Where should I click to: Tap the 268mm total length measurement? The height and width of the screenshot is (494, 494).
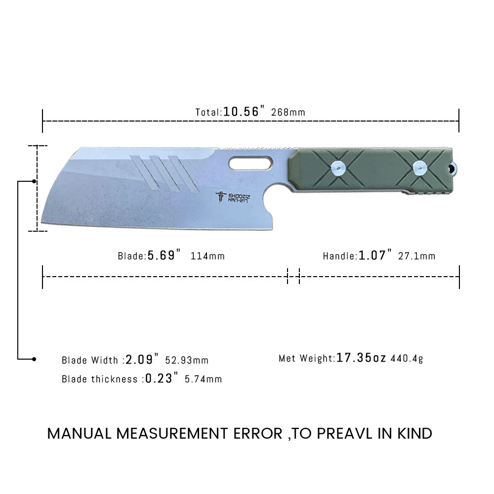288,112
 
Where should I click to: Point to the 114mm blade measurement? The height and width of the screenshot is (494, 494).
207,256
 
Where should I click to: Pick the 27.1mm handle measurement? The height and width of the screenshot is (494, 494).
417,256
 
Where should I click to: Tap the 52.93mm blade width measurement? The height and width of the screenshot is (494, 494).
187,360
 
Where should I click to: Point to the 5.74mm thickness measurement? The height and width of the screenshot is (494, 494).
203,379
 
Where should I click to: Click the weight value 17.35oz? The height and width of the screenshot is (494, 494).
361,358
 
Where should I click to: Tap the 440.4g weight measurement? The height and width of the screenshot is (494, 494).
407,359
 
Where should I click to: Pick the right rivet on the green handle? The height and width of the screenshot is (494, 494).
420,168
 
